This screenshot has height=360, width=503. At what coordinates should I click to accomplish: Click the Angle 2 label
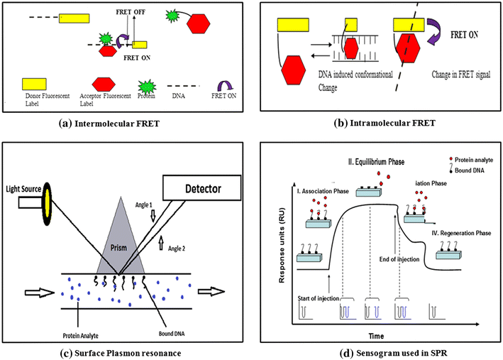coord(175,248)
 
